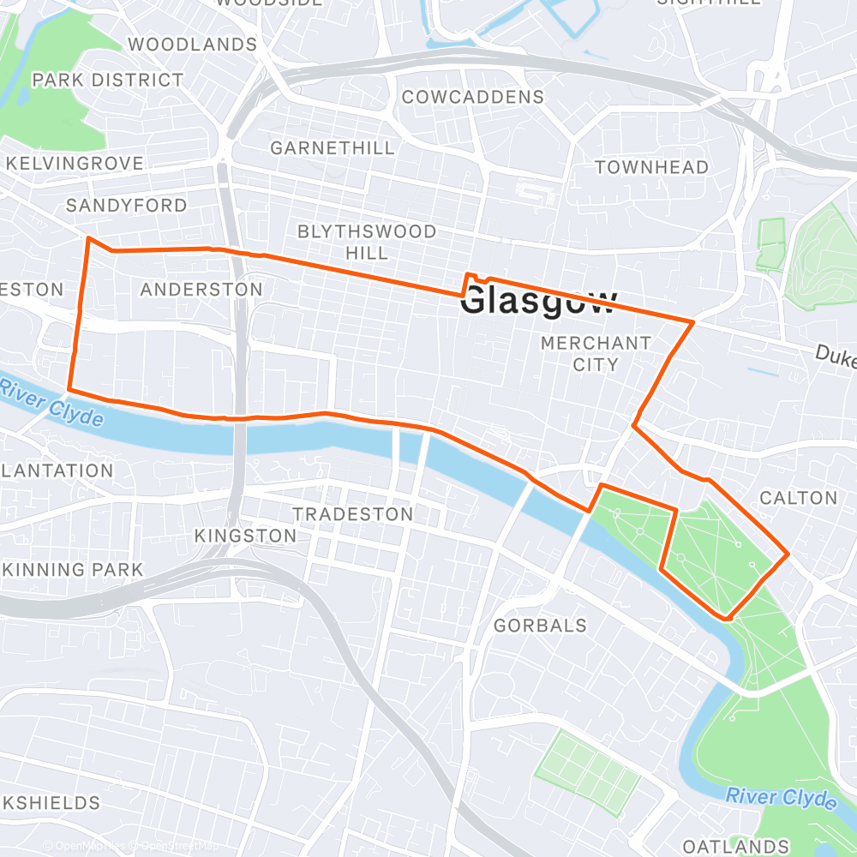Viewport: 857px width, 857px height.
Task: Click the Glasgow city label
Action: pyautogui.click(x=538, y=302)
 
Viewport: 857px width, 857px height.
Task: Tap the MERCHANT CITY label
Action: pyautogui.click(x=596, y=353)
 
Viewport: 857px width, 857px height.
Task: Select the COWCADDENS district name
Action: pyautogui.click(x=473, y=97)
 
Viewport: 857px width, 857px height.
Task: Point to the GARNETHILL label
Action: pyautogui.click(x=333, y=148)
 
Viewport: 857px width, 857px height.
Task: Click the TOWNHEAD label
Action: pyautogui.click(x=652, y=167)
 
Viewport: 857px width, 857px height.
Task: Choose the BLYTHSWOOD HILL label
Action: pyautogui.click(x=366, y=242)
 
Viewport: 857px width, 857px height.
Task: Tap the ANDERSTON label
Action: pyautogui.click(x=201, y=290)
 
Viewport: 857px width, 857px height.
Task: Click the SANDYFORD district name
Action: pyautogui.click(x=126, y=206)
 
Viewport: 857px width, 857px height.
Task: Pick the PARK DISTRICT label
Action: pyautogui.click(x=107, y=80)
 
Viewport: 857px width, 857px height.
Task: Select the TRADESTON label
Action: pyautogui.click(x=353, y=514)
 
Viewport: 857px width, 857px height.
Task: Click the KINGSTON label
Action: pyautogui.click(x=245, y=536)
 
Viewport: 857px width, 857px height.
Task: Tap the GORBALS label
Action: pyautogui.click(x=541, y=626)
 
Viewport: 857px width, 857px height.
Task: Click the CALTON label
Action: pyautogui.click(x=799, y=498)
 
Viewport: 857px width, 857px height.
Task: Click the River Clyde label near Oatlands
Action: pyautogui.click(x=781, y=798)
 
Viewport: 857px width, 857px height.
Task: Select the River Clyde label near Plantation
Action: pyautogui.click(x=51, y=404)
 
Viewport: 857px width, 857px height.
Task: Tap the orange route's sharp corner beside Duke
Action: pyautogui.click(x=692, y=322)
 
